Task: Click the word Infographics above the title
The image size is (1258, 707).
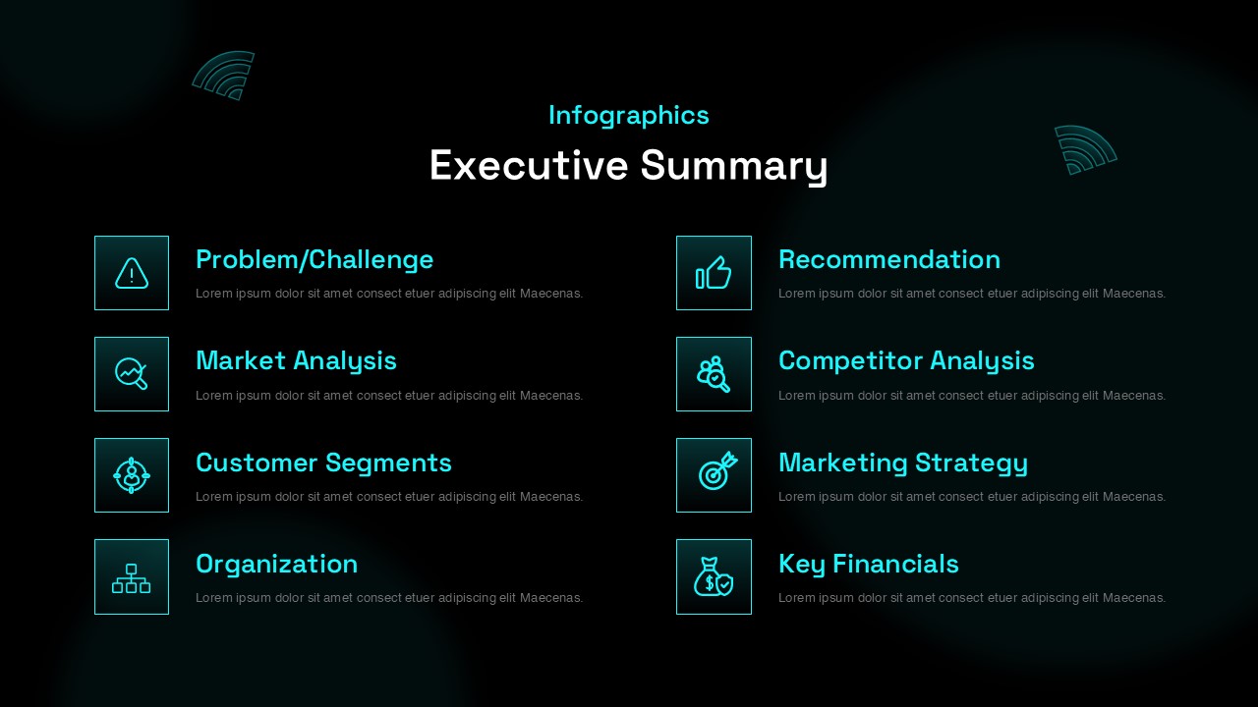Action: coord(628,116)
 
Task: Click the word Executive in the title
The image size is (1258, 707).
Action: coord(529,165)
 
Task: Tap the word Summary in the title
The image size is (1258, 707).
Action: coord(734,167)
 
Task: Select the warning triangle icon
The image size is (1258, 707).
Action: coord(132,273)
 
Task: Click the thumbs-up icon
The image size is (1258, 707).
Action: coord(714,273)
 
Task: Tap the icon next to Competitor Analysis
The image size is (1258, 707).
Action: coord(714,374)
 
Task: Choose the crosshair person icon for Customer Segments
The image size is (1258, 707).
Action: coord(132,475)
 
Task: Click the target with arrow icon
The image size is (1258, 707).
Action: coord(717,470)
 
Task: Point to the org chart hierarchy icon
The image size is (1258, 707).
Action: coord(132,578)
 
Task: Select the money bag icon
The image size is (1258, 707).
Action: coord(714,576)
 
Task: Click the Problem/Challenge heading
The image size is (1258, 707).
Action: coord(314,260)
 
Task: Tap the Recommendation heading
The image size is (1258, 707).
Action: coord(889,260)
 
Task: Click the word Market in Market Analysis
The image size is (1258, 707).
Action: coord(241,360)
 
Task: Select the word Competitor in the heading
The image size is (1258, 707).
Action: coord(850,361)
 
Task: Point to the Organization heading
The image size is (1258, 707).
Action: coord(277,565)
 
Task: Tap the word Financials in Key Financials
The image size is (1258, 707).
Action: coord(895,564)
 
